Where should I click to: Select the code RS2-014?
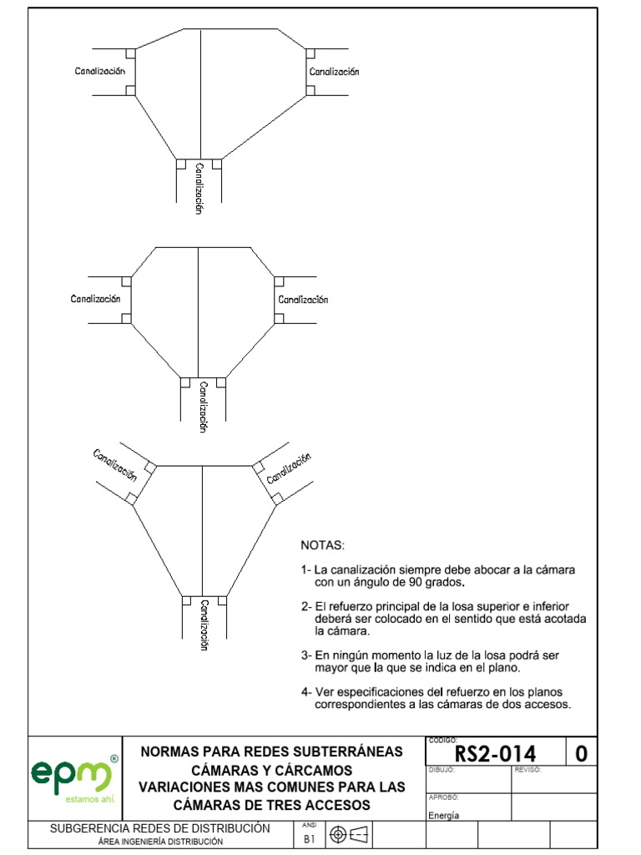[496, 754]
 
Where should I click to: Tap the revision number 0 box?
[581, 754]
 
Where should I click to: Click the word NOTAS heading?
[322, 545]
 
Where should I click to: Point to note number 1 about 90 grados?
[438, 575]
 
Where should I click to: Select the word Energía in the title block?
[444, 816]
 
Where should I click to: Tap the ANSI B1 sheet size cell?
[308, 836]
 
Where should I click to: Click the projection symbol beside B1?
[349, 834]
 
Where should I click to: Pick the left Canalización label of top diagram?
[100, 72]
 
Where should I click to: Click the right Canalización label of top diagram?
[334, 72]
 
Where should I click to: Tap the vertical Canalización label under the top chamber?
[199, 189]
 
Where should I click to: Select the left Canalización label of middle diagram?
[95, 298]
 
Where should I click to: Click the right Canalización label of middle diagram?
[303, 299]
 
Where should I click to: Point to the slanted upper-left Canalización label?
[114, 464]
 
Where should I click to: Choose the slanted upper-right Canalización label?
[289, 468]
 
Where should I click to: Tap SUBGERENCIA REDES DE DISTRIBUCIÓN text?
[160, 828]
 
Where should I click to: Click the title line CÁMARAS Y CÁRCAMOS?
[272, 770]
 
